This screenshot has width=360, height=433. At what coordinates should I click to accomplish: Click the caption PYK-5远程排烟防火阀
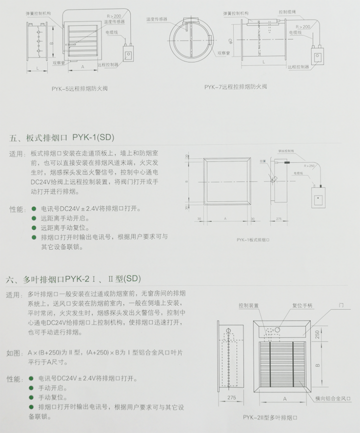click(79, 88)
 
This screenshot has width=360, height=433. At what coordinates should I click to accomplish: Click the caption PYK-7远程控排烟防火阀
click(235, 86)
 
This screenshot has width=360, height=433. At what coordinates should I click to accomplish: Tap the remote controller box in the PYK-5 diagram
click(129, 54)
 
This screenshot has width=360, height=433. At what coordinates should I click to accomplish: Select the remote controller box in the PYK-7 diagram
click(316, 53)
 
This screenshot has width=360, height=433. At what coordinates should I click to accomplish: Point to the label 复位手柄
click(302, 305)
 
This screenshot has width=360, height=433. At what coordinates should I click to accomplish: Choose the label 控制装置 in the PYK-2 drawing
click(248, 305)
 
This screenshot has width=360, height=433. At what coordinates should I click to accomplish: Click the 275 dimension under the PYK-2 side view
click(231, 397)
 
